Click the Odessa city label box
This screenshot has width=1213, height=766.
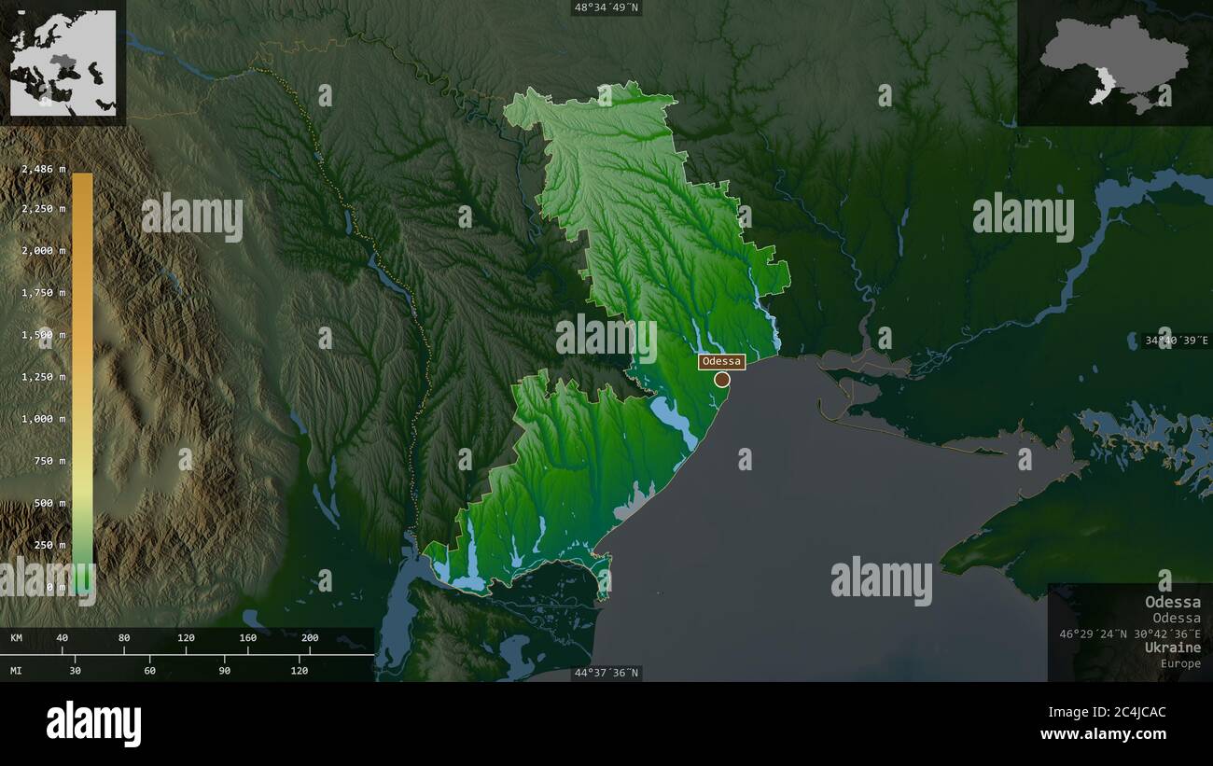721,361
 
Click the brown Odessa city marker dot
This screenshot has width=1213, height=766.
722,379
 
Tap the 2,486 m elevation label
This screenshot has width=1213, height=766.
44,169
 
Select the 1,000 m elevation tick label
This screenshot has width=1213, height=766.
44,419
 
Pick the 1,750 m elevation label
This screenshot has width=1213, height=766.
44,293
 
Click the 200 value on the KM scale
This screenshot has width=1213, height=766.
310,638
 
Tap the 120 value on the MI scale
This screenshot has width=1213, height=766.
299,670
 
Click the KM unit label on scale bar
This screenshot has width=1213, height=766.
17,638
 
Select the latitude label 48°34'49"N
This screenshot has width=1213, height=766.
606,7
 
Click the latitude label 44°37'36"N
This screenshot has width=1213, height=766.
606,673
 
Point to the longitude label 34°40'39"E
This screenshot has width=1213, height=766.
1176,341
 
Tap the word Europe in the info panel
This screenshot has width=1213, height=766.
1180,663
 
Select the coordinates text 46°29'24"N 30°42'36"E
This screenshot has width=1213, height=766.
1130,634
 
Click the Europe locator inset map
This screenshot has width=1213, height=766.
63,63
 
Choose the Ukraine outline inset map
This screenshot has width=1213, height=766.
1114,63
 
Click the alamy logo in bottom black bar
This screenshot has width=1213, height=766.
94,724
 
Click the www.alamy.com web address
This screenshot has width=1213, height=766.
1103,735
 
